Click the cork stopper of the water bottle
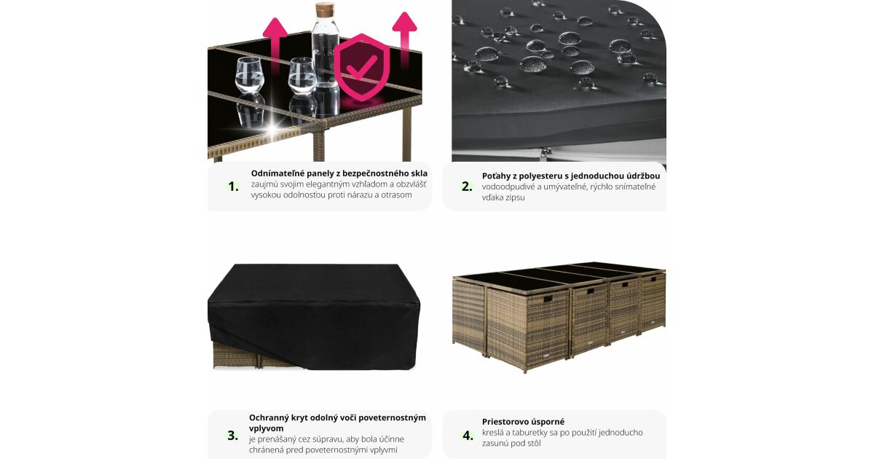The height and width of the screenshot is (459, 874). point(325,9)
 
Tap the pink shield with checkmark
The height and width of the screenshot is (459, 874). point(362,67)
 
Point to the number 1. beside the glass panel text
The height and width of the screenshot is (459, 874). point(233,187)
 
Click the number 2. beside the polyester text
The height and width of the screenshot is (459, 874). point(467,187)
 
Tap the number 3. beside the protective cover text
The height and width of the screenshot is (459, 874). point(233,435)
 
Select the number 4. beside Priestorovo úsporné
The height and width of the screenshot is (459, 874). point(468,435)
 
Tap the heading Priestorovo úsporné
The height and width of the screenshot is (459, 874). point(523,422)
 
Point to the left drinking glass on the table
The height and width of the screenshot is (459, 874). point(249,75)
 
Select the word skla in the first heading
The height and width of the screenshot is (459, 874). point(419,173)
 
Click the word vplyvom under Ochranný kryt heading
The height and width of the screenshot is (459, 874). point(267,428)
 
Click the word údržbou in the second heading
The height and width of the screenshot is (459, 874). point(643,176)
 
